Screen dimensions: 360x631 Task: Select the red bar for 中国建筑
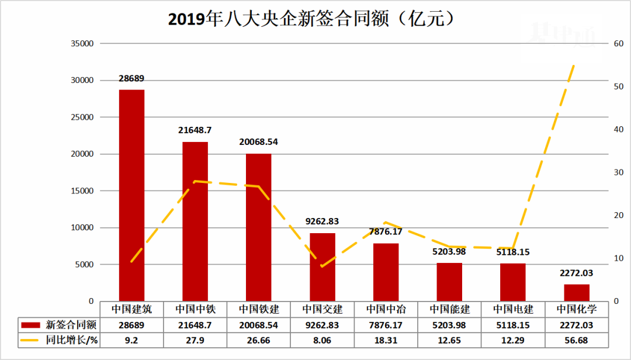pyautogui.click(x=131, y=195)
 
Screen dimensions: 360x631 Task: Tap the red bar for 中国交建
pyautogui.click(x=322, y=267)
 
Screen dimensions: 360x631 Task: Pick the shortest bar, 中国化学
pyautogui.click(x=576, y=293)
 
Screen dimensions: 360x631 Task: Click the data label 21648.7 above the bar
pyautogui.click(x=195, y=131)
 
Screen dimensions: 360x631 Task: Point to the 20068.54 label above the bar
pyautogui.click(x=258, y=142)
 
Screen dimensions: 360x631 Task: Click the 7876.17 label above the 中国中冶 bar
pyautogui.click(x=386, y=232)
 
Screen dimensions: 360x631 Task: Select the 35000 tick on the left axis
pyautogui.click(x=82, y=44)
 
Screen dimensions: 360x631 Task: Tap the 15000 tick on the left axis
pyautogui.click(x=82, y=191)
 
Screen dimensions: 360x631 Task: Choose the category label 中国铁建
pyautogui.click(x=258, y=309)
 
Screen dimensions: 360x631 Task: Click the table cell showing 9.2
pyautogui.click(x=131, y=340)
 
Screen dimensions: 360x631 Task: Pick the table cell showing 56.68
pyautogui.click(x=576, y=340)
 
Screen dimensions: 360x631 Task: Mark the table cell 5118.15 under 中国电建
pyautogui.click(x=513, y=325)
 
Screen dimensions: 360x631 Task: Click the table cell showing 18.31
pyautogui.click(x=386, y=340)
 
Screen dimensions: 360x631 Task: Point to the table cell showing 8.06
pyautogui.click(x=322, y=340)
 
